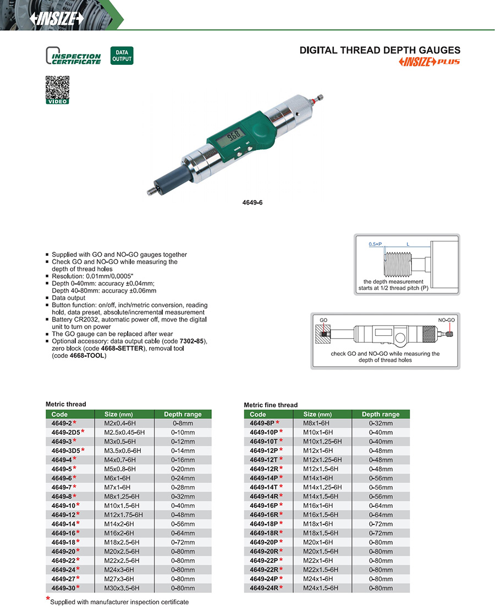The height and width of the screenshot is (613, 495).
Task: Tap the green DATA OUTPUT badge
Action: pos(122,56)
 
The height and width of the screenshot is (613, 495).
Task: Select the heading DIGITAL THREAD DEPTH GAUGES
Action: pos(380,50)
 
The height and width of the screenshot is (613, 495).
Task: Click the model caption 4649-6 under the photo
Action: pos(254,202)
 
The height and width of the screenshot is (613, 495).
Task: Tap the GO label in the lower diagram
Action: pos(324,319)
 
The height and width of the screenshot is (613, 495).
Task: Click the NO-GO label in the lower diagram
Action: pos(446,319)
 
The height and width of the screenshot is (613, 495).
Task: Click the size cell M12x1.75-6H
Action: pos(123,514)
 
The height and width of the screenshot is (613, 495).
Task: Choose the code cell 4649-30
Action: pos(63,587)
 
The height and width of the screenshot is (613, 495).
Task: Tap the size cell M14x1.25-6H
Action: pos(322,487)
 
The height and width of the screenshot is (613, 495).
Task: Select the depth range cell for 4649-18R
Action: pos(381,532)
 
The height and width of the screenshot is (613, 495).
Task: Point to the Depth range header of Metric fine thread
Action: pos(381,414)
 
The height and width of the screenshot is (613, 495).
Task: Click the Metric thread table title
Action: pos(65,404)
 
